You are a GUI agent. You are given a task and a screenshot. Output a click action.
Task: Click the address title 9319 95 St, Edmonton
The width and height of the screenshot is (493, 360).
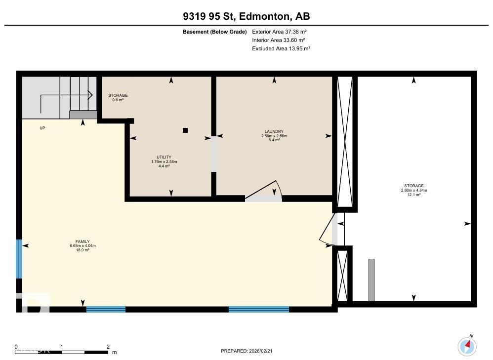click(246, 16)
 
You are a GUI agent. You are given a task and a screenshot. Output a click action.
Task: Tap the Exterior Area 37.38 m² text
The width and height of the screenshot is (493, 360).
click(279, 32)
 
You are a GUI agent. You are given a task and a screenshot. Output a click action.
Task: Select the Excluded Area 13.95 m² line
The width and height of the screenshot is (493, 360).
click(281, 48)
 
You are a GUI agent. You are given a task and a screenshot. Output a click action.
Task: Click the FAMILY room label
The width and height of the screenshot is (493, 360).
click(82, 245)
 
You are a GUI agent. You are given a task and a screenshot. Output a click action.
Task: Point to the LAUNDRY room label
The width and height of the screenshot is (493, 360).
click(274, 136)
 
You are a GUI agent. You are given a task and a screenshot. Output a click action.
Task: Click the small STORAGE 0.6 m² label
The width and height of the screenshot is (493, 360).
click(118, 97)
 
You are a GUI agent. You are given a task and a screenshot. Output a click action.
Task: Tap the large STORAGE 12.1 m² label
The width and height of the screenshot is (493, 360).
click(413, 190)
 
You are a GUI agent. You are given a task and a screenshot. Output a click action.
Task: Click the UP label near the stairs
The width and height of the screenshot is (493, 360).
click(42, 128)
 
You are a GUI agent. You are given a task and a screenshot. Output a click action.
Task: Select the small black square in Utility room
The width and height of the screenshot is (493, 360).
click(185, 130)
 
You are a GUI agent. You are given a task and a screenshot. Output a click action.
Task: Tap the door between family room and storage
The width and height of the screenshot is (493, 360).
click(327, 229)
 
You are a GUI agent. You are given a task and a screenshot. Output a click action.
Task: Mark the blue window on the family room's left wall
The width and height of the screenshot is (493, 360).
click(19, 259)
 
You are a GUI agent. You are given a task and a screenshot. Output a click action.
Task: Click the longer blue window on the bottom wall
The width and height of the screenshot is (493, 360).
click(258, 310)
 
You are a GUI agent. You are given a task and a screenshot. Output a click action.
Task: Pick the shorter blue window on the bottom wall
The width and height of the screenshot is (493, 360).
click(106, 310)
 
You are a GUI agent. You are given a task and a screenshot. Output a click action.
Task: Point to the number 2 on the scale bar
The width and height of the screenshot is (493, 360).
click(108, 347)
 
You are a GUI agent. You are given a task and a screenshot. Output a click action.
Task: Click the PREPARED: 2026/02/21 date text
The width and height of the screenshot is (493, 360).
click(253, 351)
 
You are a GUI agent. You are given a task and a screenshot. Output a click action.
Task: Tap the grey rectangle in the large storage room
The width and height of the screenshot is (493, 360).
click(371, 280)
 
